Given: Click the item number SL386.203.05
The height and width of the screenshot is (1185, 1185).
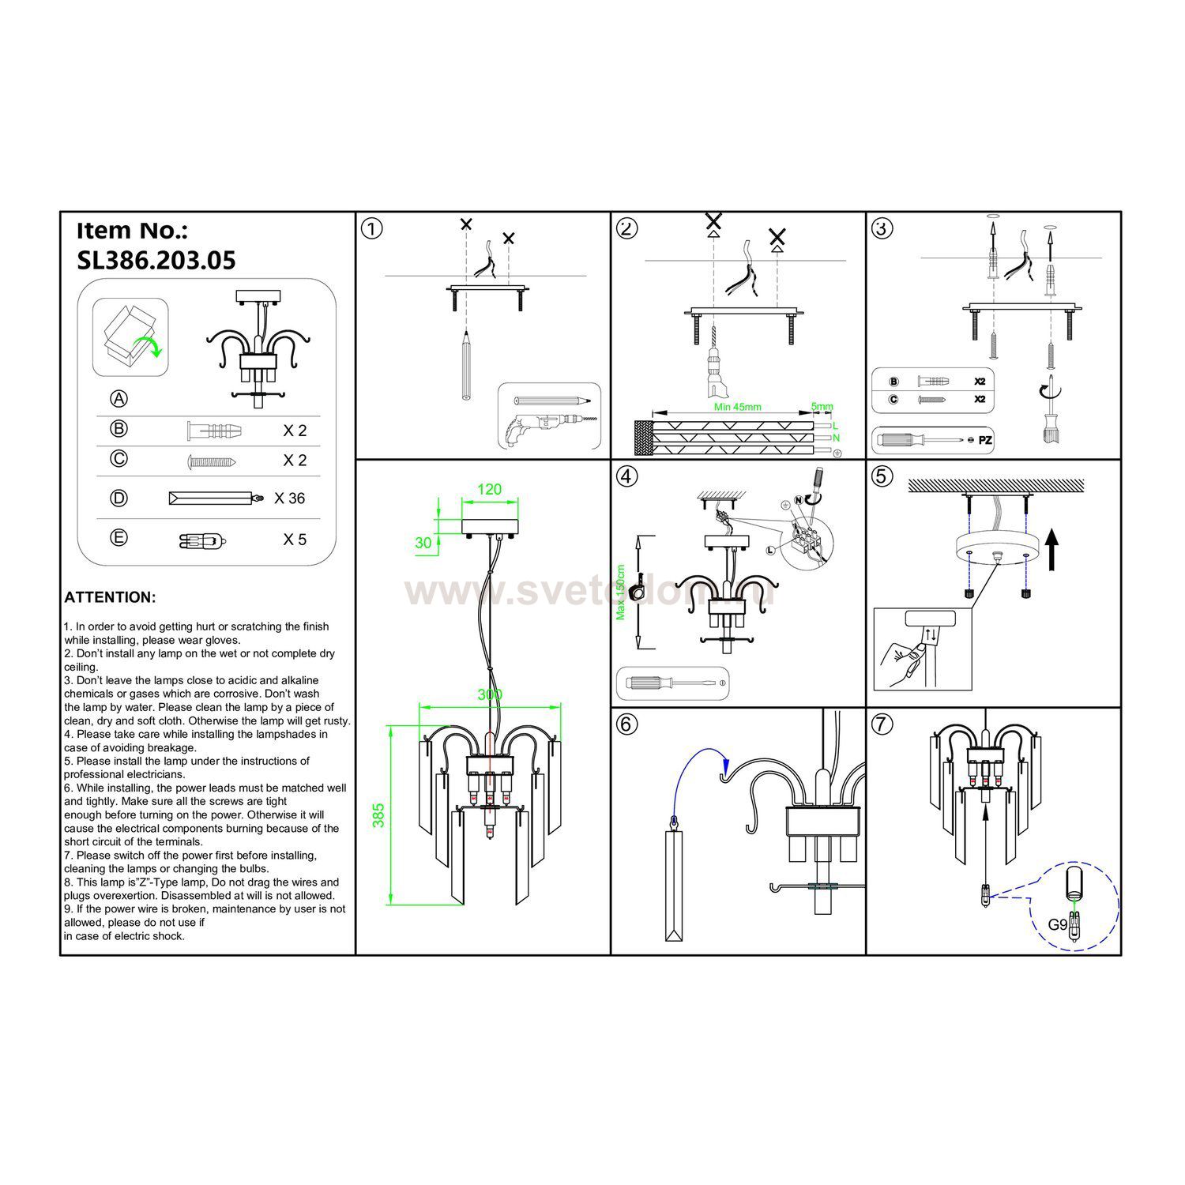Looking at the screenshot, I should coord(156,261).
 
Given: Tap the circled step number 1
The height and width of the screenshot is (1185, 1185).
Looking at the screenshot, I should coord(371,229).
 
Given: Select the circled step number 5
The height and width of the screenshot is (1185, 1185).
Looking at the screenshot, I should coord(882,476).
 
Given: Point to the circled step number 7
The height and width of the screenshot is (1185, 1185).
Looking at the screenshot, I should coord(882,724).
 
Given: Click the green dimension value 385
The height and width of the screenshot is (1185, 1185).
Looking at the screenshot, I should coord(378,815).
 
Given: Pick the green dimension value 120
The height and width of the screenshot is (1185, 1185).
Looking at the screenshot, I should coord(489,490).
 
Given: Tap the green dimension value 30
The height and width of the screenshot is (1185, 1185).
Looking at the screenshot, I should coord(424,543).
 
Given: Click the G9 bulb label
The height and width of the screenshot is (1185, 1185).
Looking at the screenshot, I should coord(1057,924).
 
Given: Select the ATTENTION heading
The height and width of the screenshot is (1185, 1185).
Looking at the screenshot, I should coord(110,597).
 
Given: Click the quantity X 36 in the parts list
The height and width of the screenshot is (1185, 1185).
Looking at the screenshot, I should coord(289,498).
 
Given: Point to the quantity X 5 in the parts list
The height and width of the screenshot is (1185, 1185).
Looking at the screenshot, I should coord(294,540).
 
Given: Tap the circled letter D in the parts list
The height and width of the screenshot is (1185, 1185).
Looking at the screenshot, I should coord(118,498).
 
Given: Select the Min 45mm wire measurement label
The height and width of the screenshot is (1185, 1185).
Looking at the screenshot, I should coord(737,408).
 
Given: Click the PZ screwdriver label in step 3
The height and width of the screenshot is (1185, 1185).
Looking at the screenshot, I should coord(985,440).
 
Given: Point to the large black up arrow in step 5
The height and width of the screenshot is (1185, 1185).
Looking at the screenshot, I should coord(1051,549).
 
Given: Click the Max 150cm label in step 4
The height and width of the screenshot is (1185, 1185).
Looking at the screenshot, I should coord(621,592).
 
